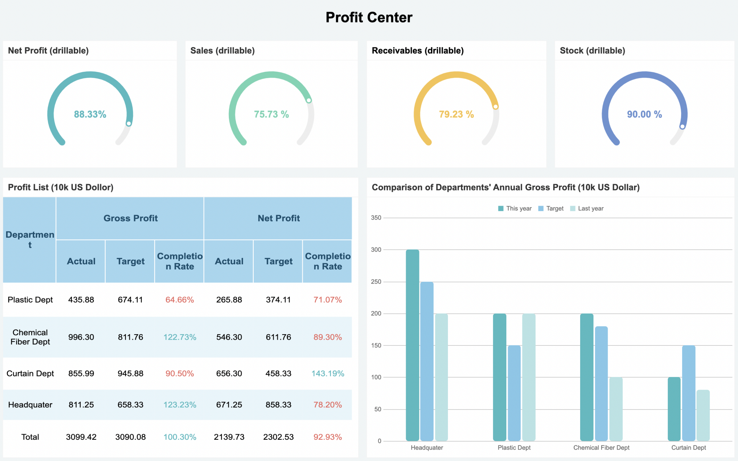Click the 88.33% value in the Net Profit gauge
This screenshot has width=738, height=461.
click(x=90, y=114)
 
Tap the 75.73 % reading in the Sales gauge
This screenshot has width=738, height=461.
click(x=271, y=114)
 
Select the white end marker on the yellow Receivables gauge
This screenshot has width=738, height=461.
click(x=495, y=107)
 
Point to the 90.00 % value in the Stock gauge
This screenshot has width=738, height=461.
click(x=644, y=114)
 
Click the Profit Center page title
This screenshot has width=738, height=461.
click(x=369, y=17)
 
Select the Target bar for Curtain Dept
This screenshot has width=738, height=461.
click(x=689, y=393)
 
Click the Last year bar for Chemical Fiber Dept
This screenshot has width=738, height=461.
click(x=616, y=409)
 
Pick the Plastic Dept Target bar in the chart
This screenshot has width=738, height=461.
click(x=514, y=393)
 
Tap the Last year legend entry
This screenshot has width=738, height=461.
click(x=587, y=209)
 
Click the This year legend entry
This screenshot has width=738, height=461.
click(x=515, y=209)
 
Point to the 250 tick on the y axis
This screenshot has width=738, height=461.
click(x=376, y=282)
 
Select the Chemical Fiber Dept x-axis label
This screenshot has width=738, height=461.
click(x=601, y=448)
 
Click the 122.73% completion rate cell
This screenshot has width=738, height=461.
click(x=180, y=337)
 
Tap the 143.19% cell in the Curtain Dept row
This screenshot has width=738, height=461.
click(x=328, y=373)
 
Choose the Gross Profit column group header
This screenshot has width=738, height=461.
click(x=130, y=218)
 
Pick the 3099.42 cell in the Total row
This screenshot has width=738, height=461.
click(x=81, y=437)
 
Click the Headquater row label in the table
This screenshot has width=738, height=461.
click(x=30, y=405)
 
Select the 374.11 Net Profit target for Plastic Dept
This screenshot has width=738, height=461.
click(x=278, y=300)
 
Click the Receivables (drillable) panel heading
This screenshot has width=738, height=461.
click(x=418, y=50)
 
